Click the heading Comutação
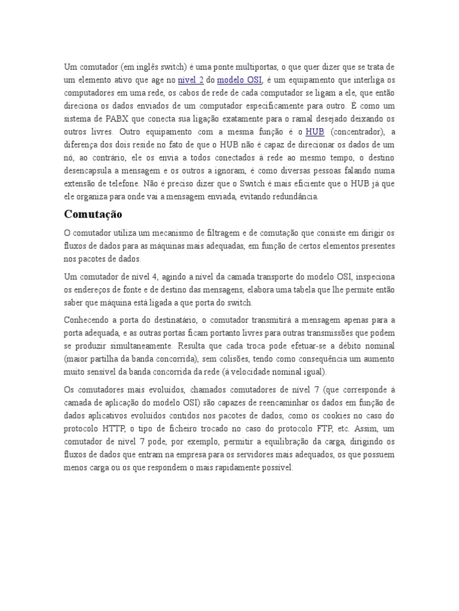[x=93, y=214]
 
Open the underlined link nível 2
[x=191, y=79]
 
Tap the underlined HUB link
[x=314, y=131]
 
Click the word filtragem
[x=232, y=233]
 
